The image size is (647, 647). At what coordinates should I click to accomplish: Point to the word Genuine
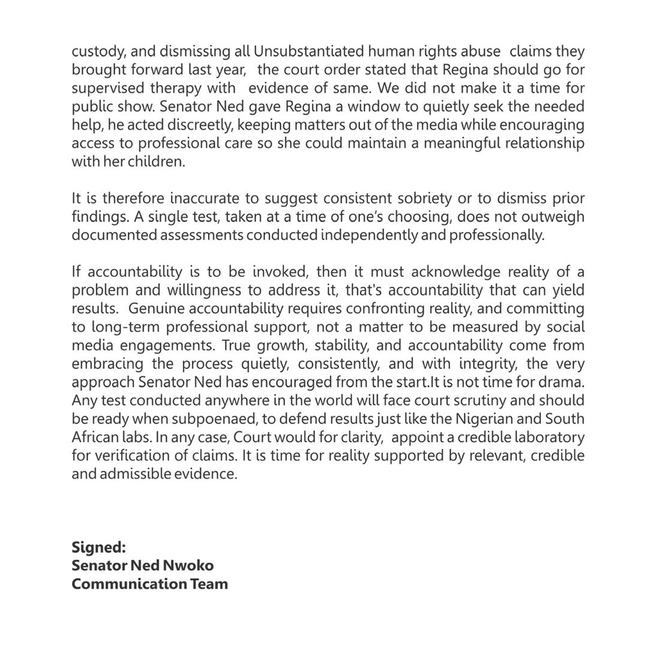coord(157,309)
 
